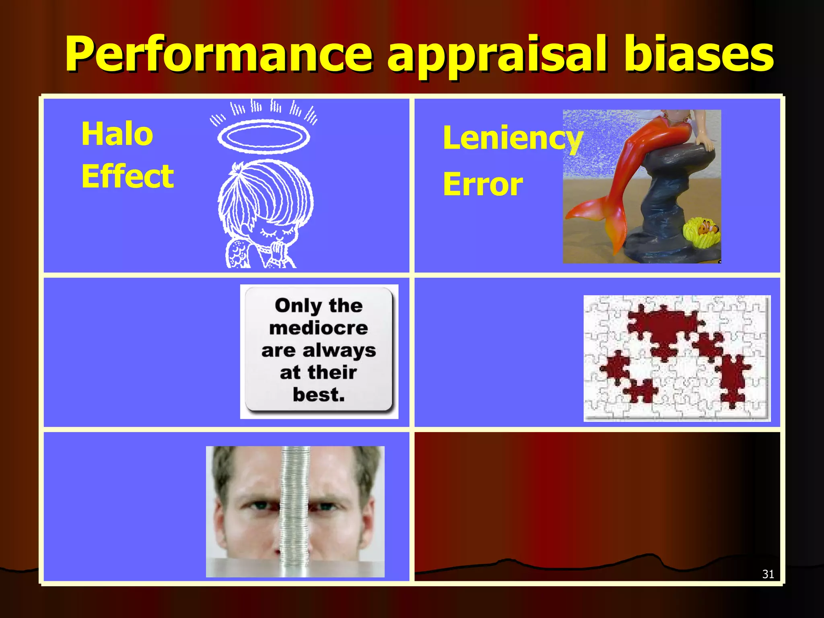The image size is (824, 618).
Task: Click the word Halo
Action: pyautogui.click(x=117, y=134)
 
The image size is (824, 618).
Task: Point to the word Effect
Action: pyautogui.click(x=128, y=176)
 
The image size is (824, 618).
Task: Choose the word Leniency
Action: pyautogui.click(x=512, y=138)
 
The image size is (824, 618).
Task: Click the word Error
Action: pyautogui.click(x=482, y=184)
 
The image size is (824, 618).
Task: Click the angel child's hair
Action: pyautogui.click(x=266, y=193)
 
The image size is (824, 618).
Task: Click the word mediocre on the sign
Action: pyautogui.click(x=319, y=328)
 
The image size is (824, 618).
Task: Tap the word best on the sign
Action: pyautogui.click(x=318, y=395)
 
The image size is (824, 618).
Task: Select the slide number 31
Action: pyautogui.click(x=768, y=574)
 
